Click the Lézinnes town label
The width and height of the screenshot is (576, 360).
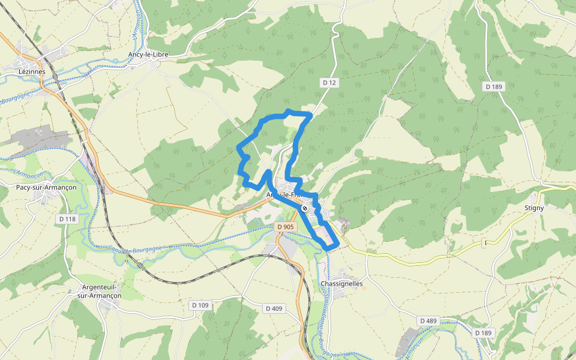tap(32, 71)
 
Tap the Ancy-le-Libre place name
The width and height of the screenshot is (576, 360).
tap(148, 55)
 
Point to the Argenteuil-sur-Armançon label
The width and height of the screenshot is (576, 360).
tap(100, 291)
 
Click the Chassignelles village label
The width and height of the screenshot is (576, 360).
tap(341, 284)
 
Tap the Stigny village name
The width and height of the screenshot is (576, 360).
tap(534, 208)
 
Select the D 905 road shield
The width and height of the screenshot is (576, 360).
tap(286, 227)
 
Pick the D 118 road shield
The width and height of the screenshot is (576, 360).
tap(68, 219)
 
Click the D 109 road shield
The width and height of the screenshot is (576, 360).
tap(201, 305)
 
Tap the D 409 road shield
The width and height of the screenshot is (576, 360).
tap(274, 308)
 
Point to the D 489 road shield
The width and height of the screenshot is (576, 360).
tap(428, 321)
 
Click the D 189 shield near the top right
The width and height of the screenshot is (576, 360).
tap(494, 87)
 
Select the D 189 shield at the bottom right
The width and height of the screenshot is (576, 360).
tap(483, 333)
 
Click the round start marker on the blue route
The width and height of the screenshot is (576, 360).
tap(305, 208)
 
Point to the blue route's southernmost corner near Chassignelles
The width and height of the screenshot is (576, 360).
tap(328, 247)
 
